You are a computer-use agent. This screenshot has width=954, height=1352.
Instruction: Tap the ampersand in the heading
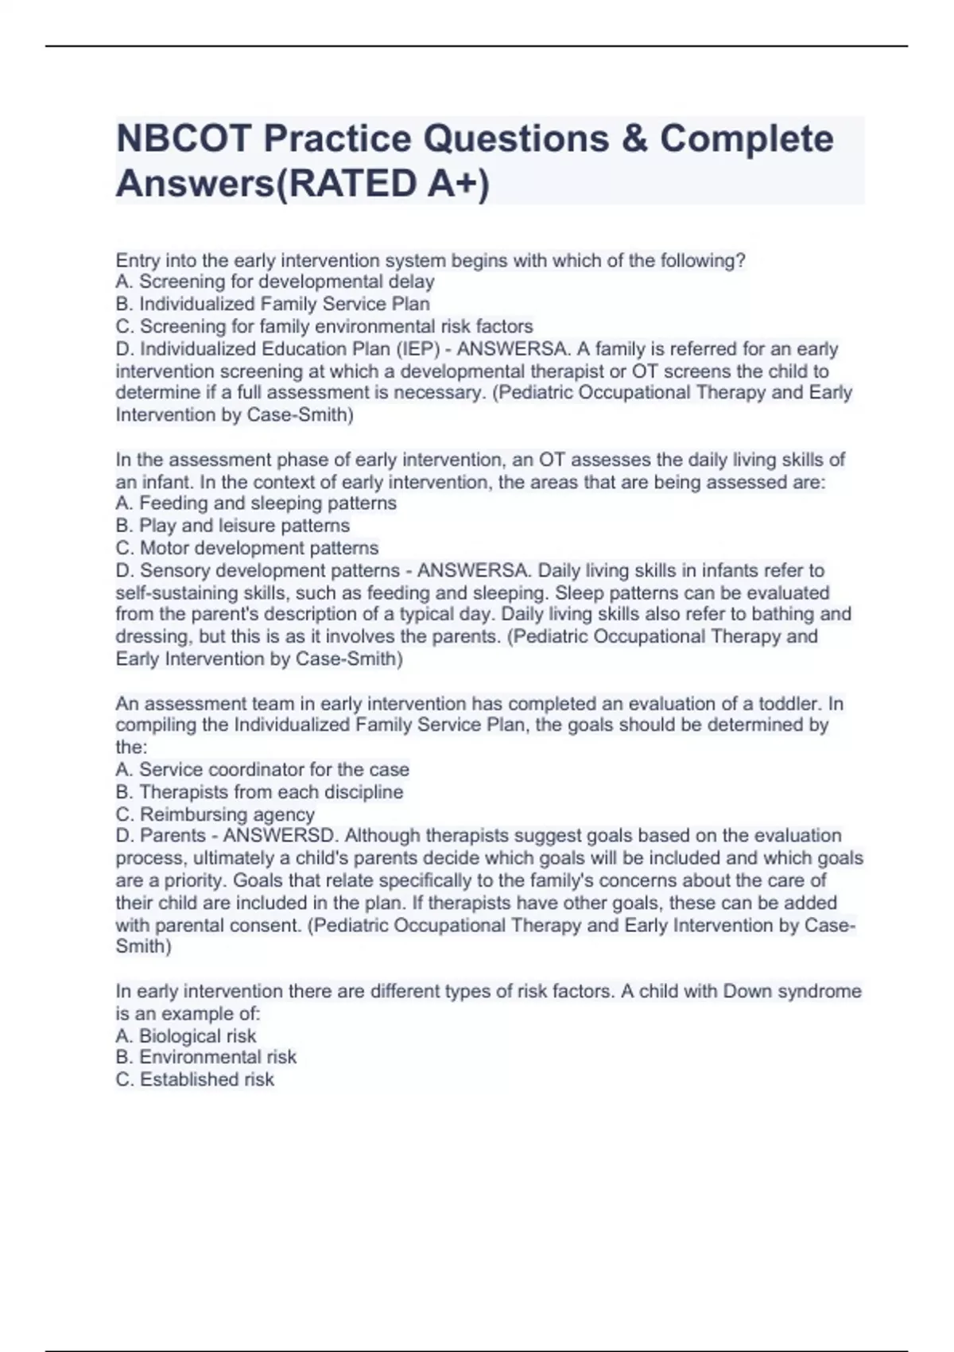pos(634,139)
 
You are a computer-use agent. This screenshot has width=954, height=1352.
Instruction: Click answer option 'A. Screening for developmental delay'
pos(275,282)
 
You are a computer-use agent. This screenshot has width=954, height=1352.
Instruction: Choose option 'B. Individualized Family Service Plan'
pos(273,304)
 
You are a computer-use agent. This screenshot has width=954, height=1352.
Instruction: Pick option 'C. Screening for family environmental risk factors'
pos(324,326)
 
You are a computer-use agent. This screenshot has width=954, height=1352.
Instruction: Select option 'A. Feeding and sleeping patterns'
pos(256,503)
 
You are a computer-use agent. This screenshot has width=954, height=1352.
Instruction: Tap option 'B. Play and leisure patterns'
pos(232,525)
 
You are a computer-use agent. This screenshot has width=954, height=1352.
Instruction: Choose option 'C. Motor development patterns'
pos(247,548)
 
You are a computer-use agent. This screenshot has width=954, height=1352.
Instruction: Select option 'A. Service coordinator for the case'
pos(262,769)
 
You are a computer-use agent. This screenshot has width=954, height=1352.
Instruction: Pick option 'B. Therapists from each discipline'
pos(259,791)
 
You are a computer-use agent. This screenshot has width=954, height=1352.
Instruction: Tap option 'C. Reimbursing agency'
pos(215,814)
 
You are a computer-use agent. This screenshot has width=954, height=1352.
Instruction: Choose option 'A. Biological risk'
pos(186,1035)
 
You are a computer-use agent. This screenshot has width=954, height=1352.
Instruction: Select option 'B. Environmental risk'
pos(206,1057)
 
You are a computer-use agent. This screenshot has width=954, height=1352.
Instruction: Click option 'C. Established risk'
pos(195,1079)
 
